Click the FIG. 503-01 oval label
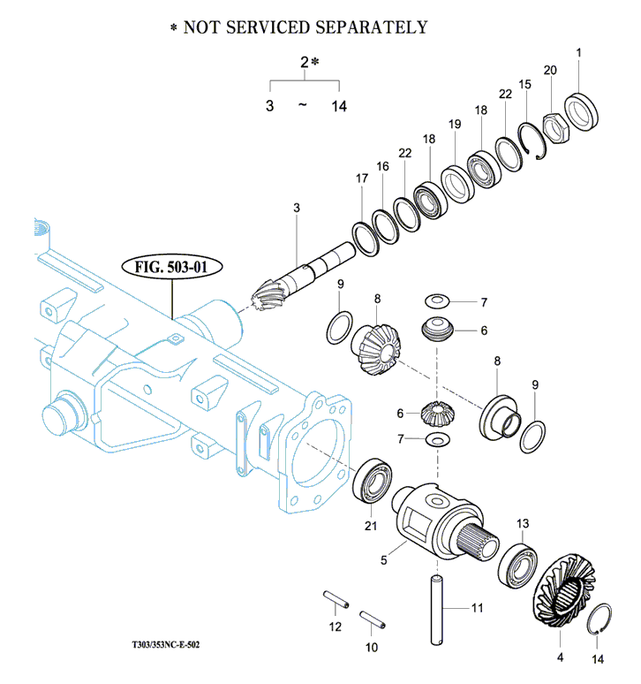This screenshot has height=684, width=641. coord(172,267)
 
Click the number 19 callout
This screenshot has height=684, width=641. coord(455,125)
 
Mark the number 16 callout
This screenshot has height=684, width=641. coord(382,166)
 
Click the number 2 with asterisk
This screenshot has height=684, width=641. coord(306,62)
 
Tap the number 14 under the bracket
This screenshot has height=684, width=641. coord(339,105)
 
